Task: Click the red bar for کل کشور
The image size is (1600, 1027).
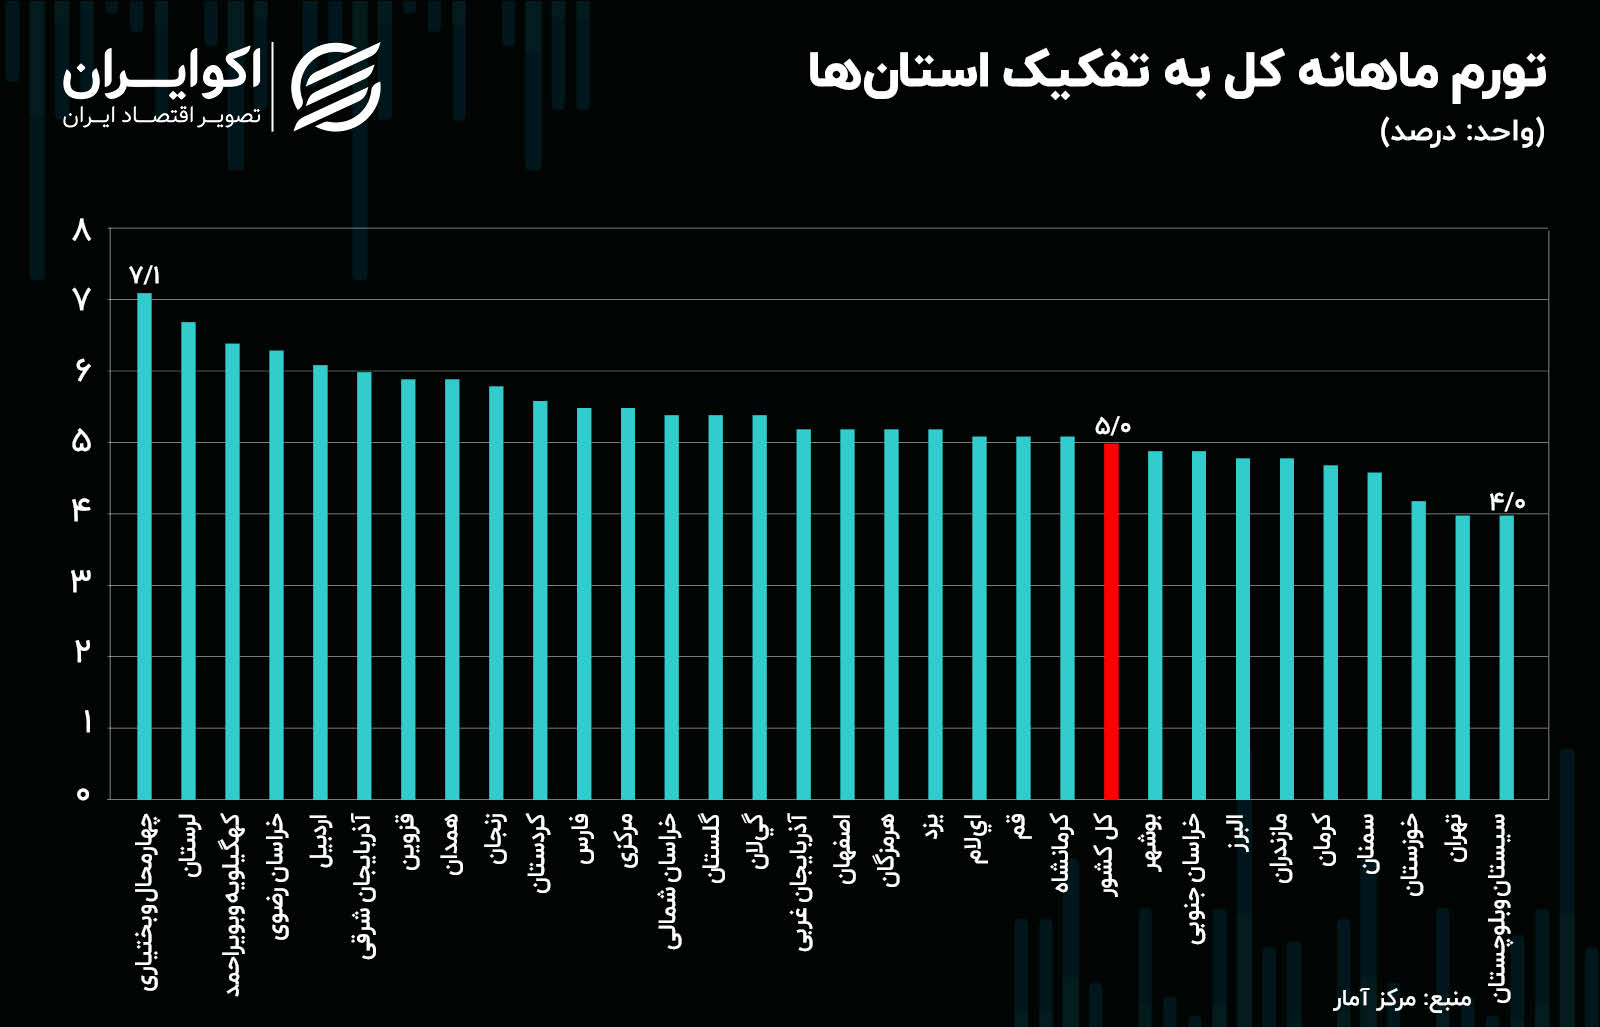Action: click(x=1110, y=620)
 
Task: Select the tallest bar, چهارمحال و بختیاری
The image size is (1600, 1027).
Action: click(x=144, y=545)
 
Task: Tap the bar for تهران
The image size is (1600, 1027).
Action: click(x=1462, y=656)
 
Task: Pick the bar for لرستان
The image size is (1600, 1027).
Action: click(x=188, y=560)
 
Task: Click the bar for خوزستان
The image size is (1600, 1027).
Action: click(x=1418, y=650)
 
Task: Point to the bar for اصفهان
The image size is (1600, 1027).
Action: click(x=847, y=614)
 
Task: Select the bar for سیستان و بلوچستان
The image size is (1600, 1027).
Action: click(x=1506, y=656)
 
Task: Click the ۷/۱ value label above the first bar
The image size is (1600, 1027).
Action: click(x=144, y=275)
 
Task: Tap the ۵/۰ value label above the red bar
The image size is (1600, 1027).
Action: click(x=1112, y=426)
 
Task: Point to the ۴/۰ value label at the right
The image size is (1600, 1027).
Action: click(x=1506, y=501)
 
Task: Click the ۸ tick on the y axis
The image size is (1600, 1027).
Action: click(x=82, y=231)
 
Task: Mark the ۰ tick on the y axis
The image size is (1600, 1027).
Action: click(x=83, y=794)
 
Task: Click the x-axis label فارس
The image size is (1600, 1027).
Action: click(x=585, y=840)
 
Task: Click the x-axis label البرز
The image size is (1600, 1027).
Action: click(x=1241, y=833)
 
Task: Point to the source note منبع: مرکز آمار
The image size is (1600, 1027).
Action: click(x=1401, y=998)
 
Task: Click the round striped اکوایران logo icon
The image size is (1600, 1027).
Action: click(x=335, y=87)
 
